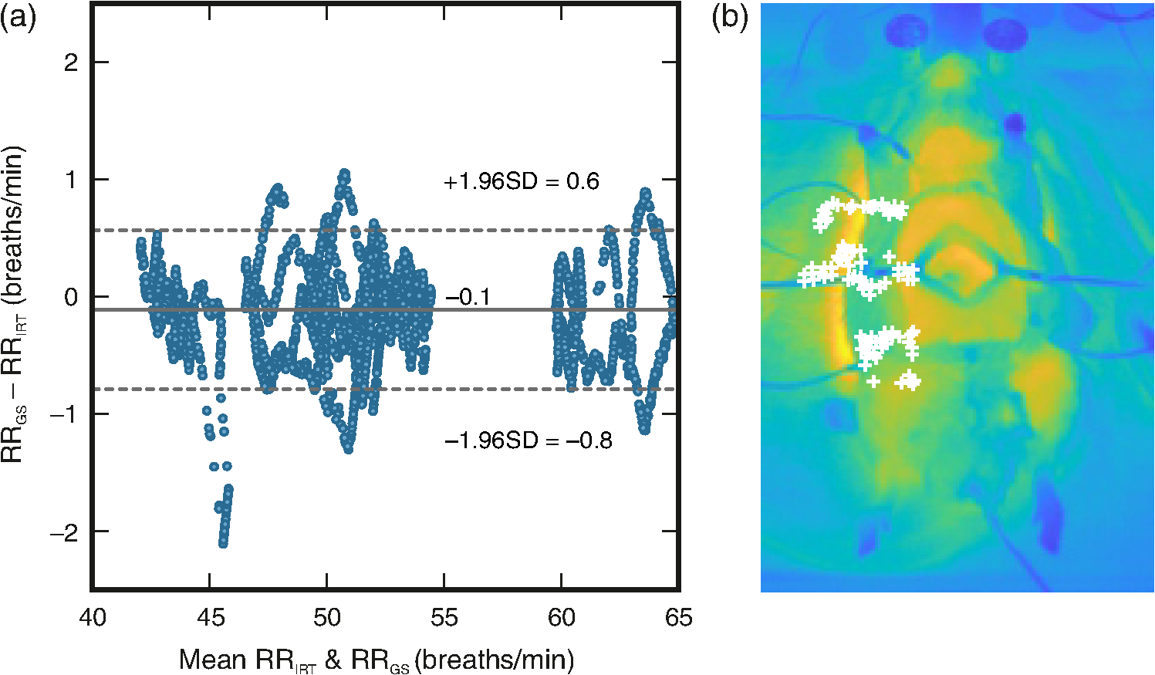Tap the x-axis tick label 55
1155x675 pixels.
click(x=444, y=616)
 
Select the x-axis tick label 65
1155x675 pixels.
click(x=678, y=616)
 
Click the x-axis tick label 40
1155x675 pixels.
click(x=93, y=616)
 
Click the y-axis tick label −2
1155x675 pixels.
click(x=65, y=532)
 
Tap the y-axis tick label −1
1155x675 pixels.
click(x=65, y=414)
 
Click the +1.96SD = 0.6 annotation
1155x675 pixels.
click(x=522, y=181)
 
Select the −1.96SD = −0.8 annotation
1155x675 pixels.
click(x=529, y=441)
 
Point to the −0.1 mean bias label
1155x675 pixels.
click(x=467, y=298)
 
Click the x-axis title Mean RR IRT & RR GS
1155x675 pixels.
click(x=377, y=659)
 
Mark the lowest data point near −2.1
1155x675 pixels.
click(x=223, y=543)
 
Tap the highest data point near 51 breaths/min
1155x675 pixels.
click(x=344, y=174)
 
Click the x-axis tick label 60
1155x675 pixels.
click(x=562, y=616)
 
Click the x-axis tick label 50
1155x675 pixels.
click(x=327, y=616)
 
